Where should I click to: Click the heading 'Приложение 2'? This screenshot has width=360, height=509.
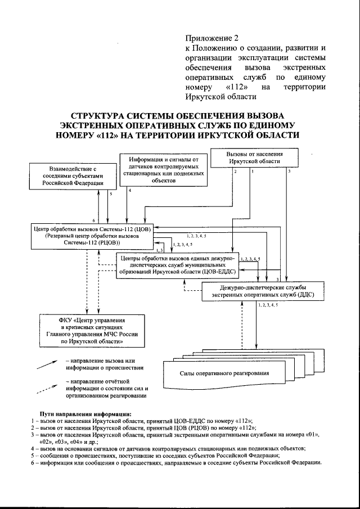(212, 38)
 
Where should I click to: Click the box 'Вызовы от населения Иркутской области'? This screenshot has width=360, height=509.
(255, 157)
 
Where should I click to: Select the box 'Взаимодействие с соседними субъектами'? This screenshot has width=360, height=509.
(67, 175)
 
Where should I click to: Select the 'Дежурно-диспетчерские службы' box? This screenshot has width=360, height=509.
(262, 290)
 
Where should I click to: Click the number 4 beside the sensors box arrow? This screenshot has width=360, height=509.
(130, 191)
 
